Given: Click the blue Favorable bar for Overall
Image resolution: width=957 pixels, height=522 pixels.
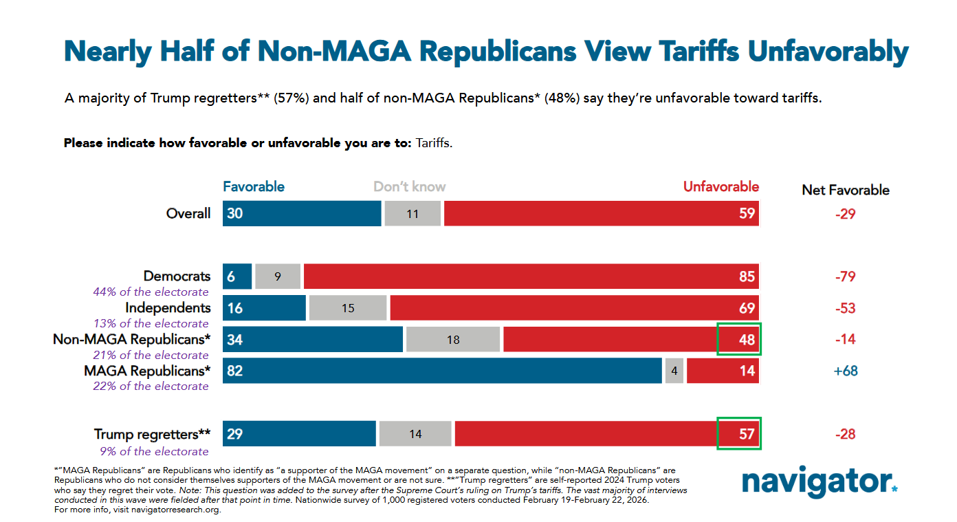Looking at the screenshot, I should (x=301, y=213).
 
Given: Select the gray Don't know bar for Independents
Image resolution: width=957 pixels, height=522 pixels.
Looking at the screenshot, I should (x=348, y=308).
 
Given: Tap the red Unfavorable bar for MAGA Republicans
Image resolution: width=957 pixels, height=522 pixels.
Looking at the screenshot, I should (x=722, y=371).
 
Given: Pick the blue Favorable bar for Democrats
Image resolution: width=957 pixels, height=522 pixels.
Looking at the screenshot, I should (x=237, y=276).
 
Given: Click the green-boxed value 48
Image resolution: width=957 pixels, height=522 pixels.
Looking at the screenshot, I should (x=739, y=339).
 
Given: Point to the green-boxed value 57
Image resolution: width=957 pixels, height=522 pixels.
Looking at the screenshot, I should (x=739, y=434).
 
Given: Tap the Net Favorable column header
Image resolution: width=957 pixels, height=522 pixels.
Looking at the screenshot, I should (x=846, y=190).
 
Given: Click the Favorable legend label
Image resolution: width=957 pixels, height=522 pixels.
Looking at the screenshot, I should (x=253, y=187).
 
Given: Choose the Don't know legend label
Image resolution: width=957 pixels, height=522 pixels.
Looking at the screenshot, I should (x=409, y=187).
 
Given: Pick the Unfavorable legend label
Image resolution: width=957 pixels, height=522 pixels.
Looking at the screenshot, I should (x=720, y=187).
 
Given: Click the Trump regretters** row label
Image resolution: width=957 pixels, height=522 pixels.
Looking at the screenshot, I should (x=152, y=434).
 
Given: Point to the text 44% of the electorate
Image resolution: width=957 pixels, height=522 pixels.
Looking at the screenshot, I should (x=151, y=292).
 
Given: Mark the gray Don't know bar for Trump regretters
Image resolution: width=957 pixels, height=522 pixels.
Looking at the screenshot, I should (x=415, y=434).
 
